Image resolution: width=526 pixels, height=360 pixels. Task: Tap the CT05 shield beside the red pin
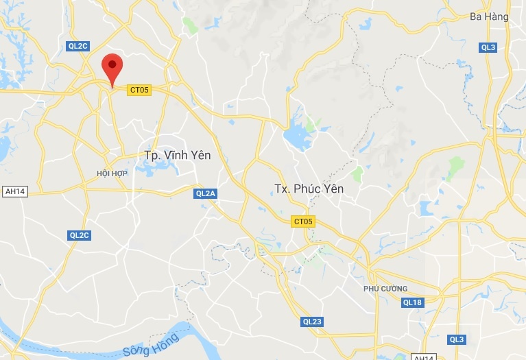point(139,89)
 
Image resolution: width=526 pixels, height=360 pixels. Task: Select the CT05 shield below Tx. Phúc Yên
point(302,221)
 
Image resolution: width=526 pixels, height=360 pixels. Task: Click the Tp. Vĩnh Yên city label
point(177,156)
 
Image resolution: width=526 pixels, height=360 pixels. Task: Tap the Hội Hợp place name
point(112,174)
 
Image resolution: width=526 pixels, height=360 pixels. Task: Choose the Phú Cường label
point(385,289)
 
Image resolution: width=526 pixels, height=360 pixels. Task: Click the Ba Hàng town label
point(489,16)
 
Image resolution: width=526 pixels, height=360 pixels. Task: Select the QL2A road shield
point(205,194)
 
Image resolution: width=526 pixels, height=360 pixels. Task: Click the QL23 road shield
point(312,322)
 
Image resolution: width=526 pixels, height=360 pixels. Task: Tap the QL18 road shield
point(412,302)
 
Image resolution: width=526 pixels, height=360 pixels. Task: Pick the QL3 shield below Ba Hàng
point(488,47)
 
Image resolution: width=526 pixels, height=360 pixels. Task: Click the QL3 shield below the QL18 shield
point(457,339)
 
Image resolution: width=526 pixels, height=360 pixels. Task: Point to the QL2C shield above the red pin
point(78,46)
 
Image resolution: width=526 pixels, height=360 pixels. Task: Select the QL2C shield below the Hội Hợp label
point(79,235)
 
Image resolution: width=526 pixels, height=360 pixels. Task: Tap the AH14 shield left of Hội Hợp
point(14,191)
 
